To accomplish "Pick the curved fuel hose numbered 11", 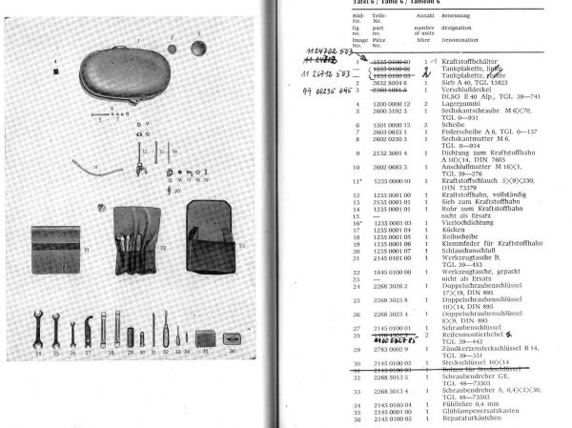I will [x=97, y=173].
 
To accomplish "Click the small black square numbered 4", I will [x=55, y=69].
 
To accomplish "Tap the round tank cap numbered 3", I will [x=198, y=45].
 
